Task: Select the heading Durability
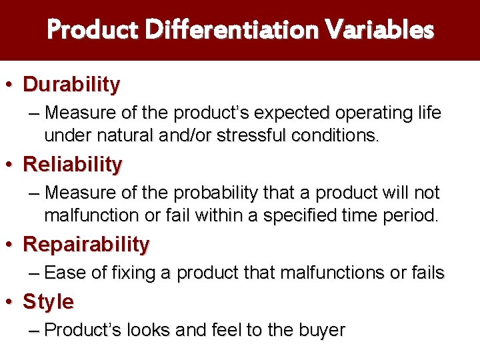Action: click(x=71, y=85)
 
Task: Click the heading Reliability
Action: click(x=73, y=164)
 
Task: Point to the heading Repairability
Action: click(x=86, y=245)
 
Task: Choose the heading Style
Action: click(x=48, y=302)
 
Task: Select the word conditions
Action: click(x=333, y=136)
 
